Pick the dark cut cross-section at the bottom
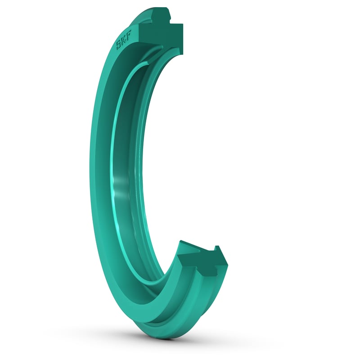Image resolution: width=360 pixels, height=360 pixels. point(202,265)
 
